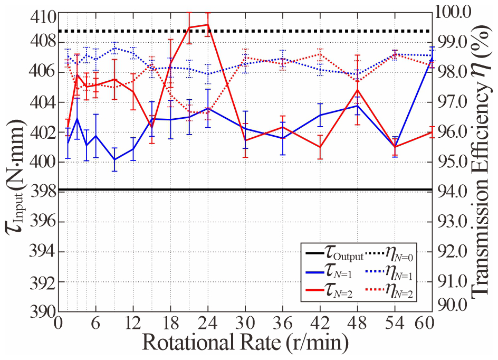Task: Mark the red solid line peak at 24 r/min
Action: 208,24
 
